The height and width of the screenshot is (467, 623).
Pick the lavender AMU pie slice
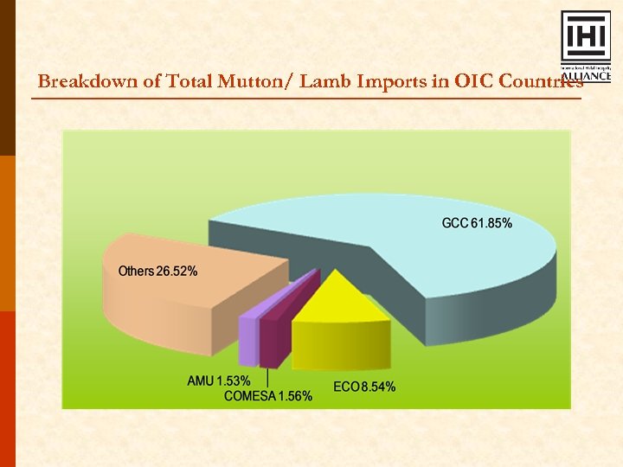249,337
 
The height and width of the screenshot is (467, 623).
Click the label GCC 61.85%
477,224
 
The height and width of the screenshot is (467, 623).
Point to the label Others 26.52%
157,272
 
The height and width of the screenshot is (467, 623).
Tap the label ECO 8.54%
364,387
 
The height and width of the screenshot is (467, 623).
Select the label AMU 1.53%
219,381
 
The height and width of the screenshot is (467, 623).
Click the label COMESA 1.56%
267,396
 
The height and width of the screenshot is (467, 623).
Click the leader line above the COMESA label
268,379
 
